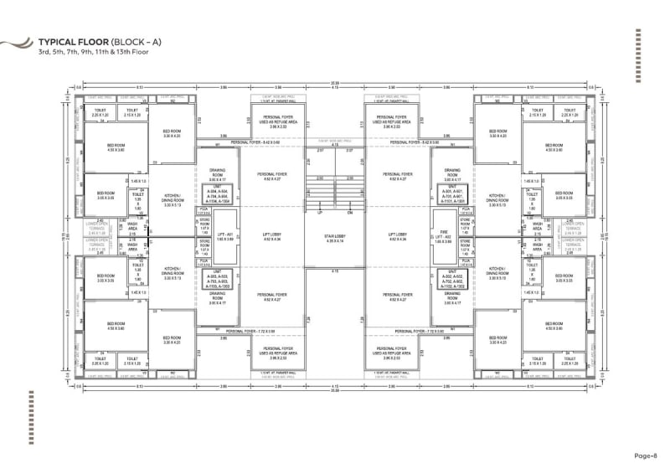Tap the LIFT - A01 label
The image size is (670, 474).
[x=224, y=238]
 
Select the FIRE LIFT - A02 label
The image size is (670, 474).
[x=445, y=238]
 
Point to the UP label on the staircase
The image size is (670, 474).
[x=320, y=214]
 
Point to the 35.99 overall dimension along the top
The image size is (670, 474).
[x=335, y=82]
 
